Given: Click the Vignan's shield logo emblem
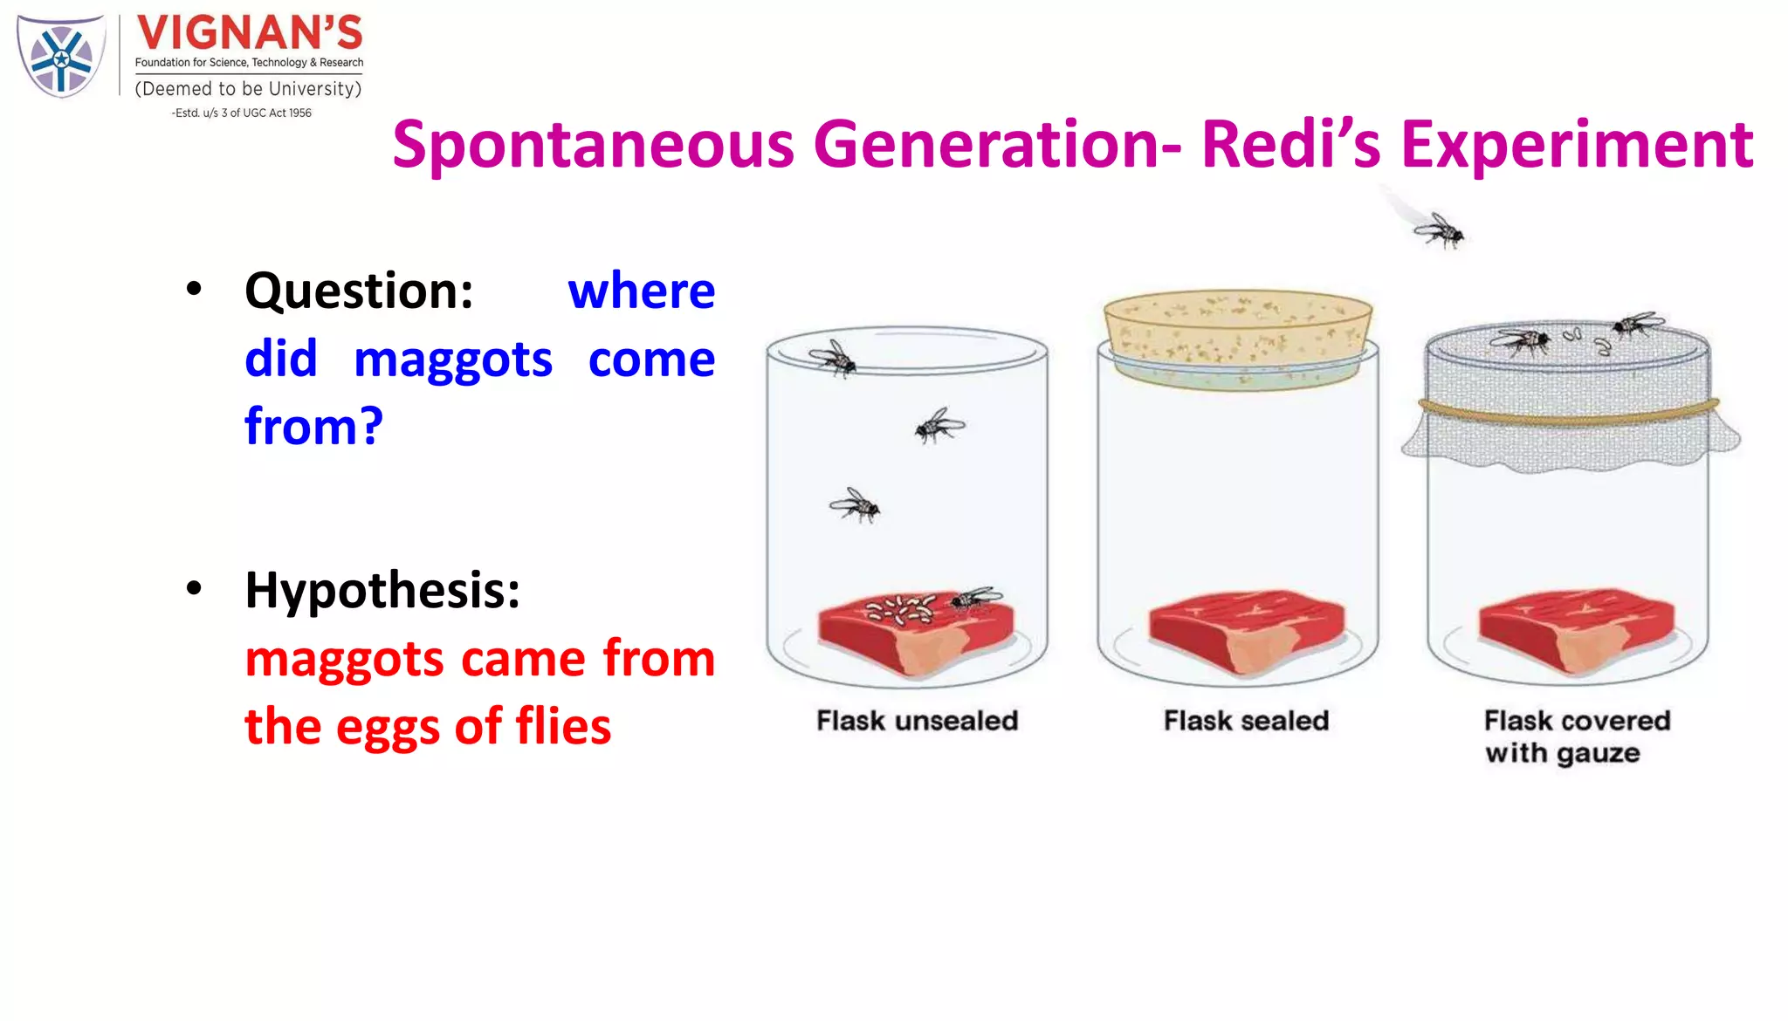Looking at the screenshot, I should pos(61,57).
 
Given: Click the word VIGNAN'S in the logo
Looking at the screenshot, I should pos(249,33).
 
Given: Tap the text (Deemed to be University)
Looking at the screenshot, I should pos(248,89).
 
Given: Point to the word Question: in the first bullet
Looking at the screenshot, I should pos(359,291).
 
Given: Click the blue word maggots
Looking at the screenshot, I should pos(452,360).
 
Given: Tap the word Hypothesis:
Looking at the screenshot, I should pos(382,590).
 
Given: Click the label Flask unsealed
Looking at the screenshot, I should pos(917,721).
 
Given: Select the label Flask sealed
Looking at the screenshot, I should pos(1246,721).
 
